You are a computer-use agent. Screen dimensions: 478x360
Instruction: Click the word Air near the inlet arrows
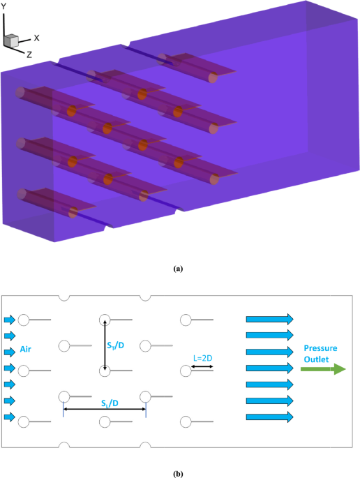27,352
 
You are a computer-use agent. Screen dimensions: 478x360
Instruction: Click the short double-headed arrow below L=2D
205,366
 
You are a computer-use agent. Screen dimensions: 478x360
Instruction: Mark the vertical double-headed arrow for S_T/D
105,345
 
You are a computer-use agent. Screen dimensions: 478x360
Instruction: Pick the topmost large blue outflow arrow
270,320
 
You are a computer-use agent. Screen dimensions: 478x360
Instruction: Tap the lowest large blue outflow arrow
270,417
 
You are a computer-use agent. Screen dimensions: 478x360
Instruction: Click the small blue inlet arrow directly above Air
9,336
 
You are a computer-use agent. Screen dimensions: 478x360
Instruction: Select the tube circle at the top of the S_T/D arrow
105,320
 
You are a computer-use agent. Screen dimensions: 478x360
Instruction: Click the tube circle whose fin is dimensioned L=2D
186,371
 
